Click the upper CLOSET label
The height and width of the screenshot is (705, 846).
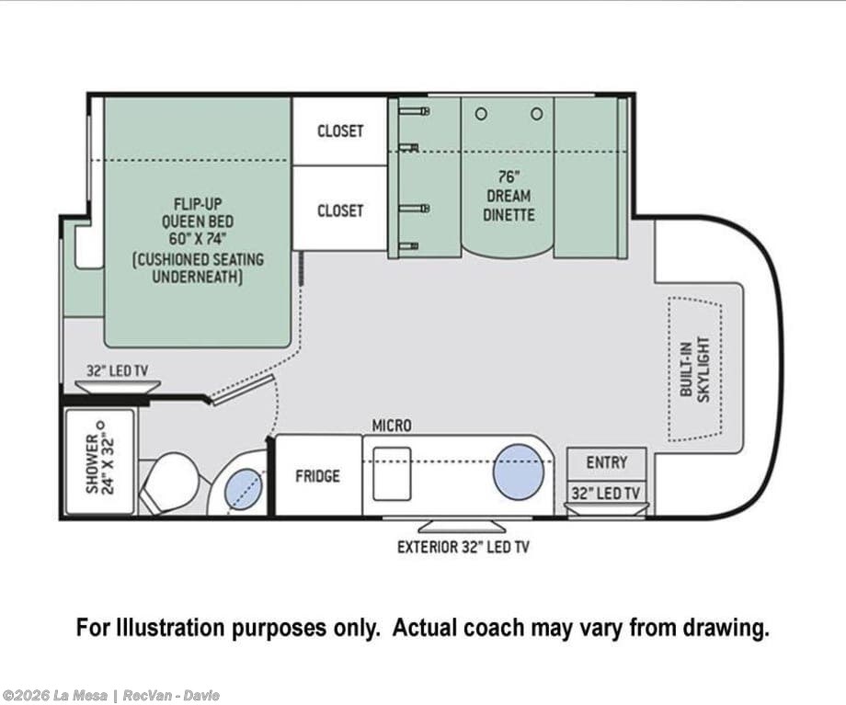(340, 131)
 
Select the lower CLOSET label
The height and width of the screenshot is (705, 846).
(340, 210)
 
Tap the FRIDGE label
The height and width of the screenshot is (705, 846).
(318, 476)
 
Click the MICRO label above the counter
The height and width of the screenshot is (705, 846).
(392, 426)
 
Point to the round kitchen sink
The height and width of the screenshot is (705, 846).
(518, 472)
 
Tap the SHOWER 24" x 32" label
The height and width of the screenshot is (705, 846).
(100, 458)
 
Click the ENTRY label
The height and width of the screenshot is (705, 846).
(606, 462)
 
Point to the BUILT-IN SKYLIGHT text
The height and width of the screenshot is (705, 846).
(695, 367)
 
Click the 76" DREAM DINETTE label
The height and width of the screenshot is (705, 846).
(509, 196)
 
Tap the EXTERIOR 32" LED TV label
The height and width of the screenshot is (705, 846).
(463, 547)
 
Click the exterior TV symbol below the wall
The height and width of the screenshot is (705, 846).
(463, 526)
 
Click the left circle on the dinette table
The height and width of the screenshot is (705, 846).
(481, 114)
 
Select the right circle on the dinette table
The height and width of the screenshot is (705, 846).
(537, 114)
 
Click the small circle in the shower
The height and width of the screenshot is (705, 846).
(98, 424)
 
